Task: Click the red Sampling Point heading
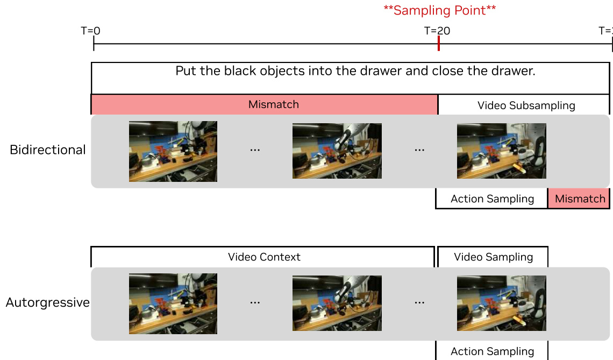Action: (x=439, y=10)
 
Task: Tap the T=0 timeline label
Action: (x=90, y=31)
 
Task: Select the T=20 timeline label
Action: (x=437, y=31)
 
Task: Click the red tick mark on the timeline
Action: (x=439, y=44)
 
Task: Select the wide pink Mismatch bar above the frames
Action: (x=264, y=104)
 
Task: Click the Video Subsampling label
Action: (x=526, y=105)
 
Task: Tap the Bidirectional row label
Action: (x=48, y=150)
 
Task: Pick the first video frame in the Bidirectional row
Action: (x=173, y=151)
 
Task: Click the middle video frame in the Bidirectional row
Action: (x=337, y=151)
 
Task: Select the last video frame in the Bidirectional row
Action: (x=502, y=151)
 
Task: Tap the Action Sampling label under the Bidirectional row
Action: (x=492, y=199)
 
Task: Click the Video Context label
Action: (x=264, y=257)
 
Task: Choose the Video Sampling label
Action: (x=494, y=257)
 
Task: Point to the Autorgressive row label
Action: (x=48, y=302)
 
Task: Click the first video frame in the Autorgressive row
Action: (x=173, y=303)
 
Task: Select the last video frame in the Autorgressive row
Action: (x=502, y=303)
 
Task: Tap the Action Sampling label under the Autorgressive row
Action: (x=492, y=351)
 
